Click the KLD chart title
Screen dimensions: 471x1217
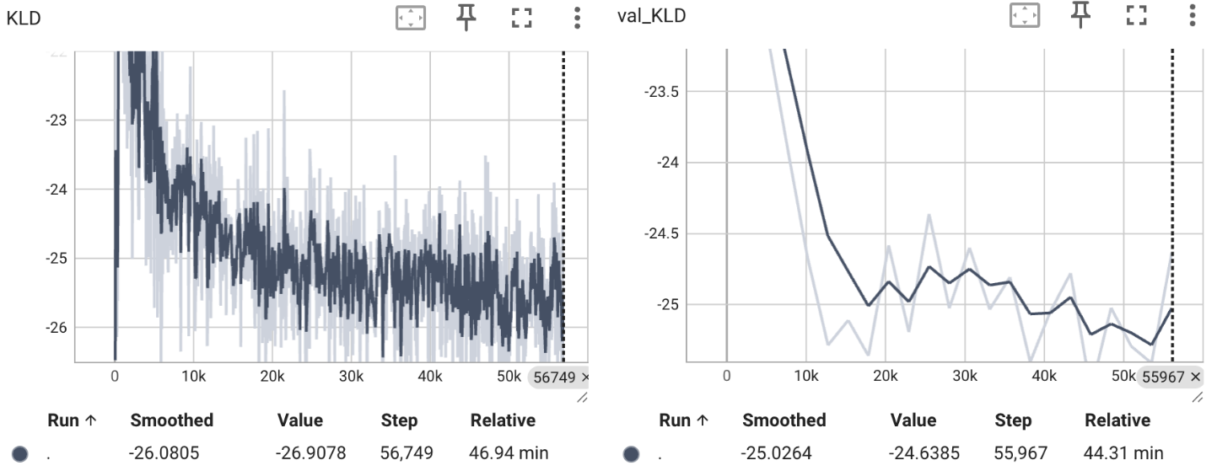coord(23,17)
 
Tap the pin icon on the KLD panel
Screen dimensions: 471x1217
coord(466,17)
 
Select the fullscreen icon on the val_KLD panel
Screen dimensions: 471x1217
coord(1136,15)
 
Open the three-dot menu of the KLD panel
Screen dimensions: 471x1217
coord(577,17)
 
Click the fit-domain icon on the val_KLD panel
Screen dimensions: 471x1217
coord(1024,15)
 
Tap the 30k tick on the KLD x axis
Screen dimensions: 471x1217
coord(351,376)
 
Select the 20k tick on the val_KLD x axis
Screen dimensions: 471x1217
coord(886,376)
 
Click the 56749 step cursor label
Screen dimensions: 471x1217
coord(555,377)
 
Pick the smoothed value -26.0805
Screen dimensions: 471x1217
coord(164,453)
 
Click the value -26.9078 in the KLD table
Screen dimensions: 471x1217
coord(311,453)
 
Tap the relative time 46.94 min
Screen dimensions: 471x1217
coord(509,453)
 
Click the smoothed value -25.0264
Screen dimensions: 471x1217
coord(777,453)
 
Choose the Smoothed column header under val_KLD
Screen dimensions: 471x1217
coord(784,420)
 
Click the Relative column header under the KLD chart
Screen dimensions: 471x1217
coord(503,420)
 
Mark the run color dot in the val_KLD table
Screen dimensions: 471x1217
coord(631,454)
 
